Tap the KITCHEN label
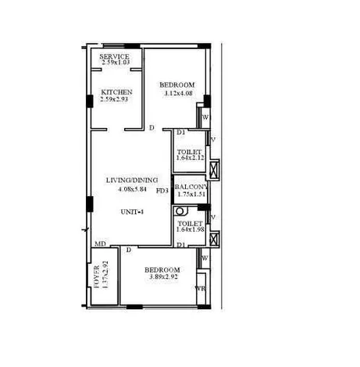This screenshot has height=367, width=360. pos(116,92)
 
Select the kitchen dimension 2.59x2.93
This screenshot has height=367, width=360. pos(116,101)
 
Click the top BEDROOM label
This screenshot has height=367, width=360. pos(176,85)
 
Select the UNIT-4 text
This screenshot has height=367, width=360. pos(131,212)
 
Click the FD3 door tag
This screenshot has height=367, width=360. pos(163,190)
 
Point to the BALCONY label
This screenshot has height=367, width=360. pos(191,187)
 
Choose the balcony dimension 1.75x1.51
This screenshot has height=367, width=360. pos(191,196)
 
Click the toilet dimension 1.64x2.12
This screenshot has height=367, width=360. pos(190,159)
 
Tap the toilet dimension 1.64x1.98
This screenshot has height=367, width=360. pos(190,230)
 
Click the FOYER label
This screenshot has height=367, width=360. pos(97,276)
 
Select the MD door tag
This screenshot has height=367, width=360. pos(100,244)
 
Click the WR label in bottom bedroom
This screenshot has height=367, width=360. pos(200,288)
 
